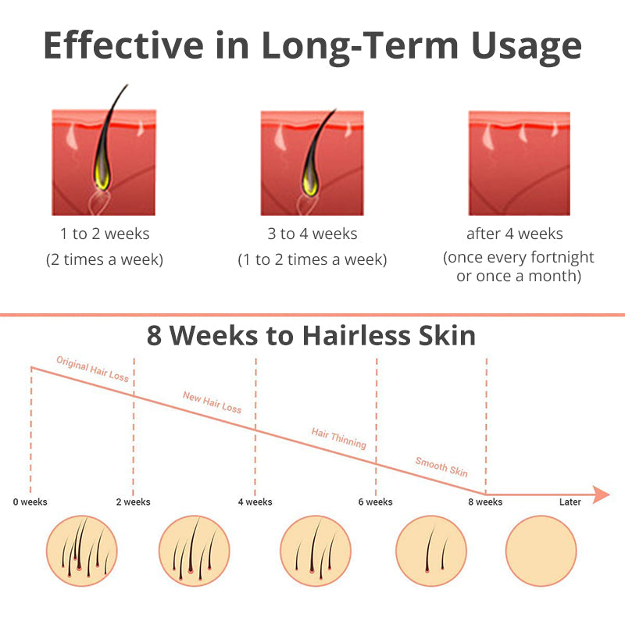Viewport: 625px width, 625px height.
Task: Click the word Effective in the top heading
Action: click(x=123, y=45)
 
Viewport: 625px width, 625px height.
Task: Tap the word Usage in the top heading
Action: click(x=526, y=48)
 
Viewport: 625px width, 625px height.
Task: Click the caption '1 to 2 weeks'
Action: click(x=105, y=234)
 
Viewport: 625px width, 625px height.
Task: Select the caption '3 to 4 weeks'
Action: click(x=312, y=234)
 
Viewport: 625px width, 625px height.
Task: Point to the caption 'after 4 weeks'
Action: click(x=515, y=234)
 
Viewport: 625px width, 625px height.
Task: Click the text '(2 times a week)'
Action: click(x=105, y=259)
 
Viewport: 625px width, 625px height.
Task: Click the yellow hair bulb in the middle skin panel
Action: click(x=310, y=180)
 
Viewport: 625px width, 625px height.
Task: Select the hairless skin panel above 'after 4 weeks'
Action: click(x=520, y=163)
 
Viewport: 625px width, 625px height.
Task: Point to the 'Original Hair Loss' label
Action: click(x=92, y=369)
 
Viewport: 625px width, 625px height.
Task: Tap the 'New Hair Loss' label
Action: click(x=212, y=402)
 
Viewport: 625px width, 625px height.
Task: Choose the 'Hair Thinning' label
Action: click(x=339, y=438)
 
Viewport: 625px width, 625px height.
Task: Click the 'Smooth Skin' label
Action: click(x=441, y=466)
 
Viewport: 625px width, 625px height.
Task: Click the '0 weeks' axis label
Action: click(x=30, y=502)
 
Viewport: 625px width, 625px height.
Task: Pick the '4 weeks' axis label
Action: click(x=255, y=502)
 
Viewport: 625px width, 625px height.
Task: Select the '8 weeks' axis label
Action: click(x=485, y=502)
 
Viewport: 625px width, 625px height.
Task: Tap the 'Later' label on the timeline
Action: click(x=570, y=502)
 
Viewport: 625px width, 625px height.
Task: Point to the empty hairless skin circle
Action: click(x=541, y=551)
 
